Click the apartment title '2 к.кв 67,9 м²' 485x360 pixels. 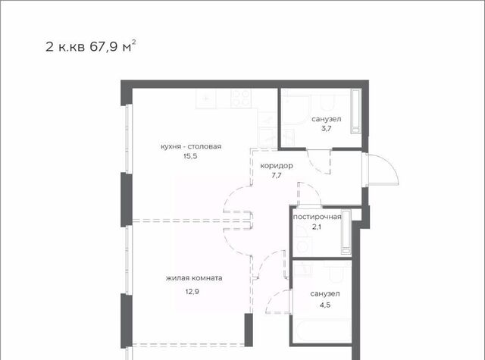[x=91, y=46]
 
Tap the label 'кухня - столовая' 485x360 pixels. [x=191, y=146]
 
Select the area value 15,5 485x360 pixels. [x=190, y=156]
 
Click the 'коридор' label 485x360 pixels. [x=276, y=166]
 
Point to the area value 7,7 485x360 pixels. [x=276, y=176]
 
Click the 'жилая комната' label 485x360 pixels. [x=194, y=278]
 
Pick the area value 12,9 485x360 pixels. [x=192, y=291]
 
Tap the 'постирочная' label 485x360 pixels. [x=317, y=217]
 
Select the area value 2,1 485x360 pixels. [x=317, y=227]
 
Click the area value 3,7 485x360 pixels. [x=326, y=129]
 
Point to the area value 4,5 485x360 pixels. [x=325, y=305]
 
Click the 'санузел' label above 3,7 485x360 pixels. [x=327, y=119]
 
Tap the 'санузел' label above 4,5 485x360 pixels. [x=325, y=293]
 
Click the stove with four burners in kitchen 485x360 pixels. [x=241, y=98]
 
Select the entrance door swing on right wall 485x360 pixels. [x=382, y=170]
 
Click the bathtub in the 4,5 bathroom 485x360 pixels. [x=322, y=331]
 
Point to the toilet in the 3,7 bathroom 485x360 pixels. [x=327, y=102]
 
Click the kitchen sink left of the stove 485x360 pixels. [x=205, y=99]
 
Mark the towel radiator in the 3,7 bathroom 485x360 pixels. [x=355, y=111]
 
